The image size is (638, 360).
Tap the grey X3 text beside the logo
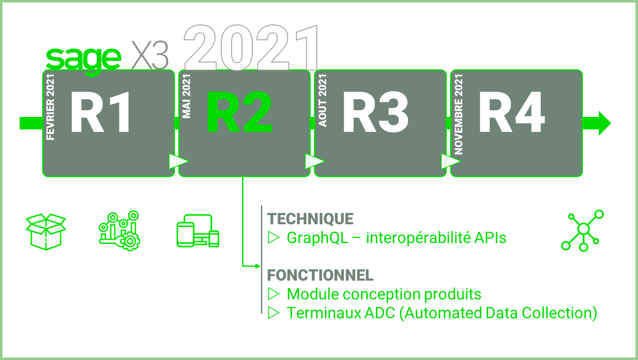click(x=150, y=56)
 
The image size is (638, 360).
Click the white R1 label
click(x=100, y=112)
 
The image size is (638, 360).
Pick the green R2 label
click(x=239, y=112)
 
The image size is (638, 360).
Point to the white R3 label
click(x=376, y=112)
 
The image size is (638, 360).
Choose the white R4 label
click(x=512, y=112)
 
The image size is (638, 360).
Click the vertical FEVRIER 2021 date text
click(x=50, y=107)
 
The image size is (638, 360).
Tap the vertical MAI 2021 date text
click(x=186, y=96)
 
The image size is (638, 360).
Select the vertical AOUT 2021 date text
click(x=322, y=100)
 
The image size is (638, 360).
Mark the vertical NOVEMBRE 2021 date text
click(x=458, y=114)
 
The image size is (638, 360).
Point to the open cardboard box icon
click(x=46, y=232)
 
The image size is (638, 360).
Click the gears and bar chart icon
click(x=119, y=231)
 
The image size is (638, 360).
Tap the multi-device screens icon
click(x=198, y=231)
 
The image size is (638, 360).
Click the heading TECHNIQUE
click(x=310, y=219)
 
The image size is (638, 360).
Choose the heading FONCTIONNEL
click(x=320, y=275)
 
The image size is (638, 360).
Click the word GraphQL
click(x=318, y=238)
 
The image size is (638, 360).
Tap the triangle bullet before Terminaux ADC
click(x=273, y=313)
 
